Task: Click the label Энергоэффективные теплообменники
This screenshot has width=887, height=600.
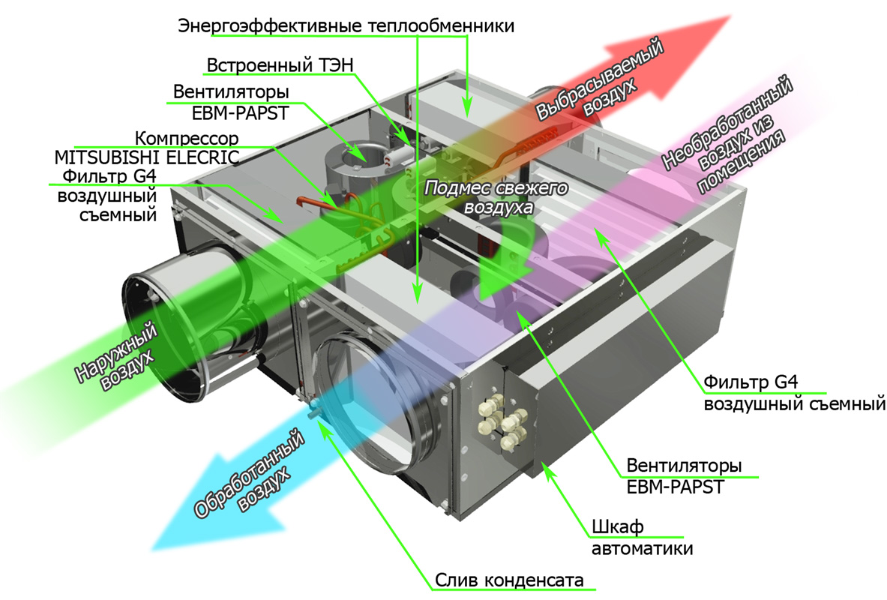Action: coord(346,26)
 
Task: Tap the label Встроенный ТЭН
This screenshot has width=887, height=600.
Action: coord(280,65)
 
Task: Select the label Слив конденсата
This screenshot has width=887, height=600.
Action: coord(509,580)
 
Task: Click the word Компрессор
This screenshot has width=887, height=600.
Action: coord(187,138)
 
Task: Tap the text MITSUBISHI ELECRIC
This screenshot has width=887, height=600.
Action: coord(147,157)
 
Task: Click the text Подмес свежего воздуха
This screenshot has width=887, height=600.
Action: coord(496,197)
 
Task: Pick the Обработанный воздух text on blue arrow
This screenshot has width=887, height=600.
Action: coord(250,473)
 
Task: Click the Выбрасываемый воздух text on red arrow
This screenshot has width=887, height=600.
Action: coord(600,79)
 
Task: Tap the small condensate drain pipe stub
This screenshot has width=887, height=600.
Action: coord(312,412)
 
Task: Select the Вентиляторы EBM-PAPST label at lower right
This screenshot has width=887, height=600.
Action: coord(683,476)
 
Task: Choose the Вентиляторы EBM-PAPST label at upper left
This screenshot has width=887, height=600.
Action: coord(231,103)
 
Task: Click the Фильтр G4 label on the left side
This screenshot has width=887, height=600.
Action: coord(107,195)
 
